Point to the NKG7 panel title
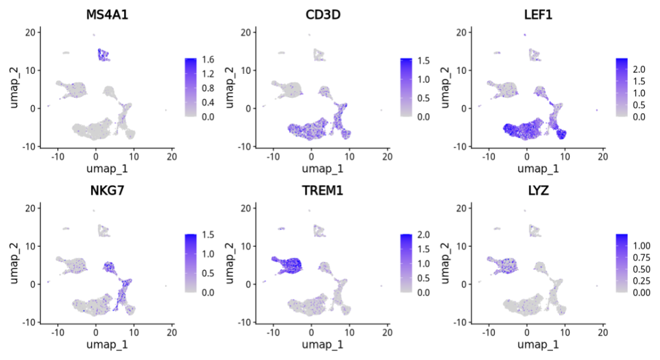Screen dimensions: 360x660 (x=106, y=191)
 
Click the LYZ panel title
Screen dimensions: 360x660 (x=537, y=191)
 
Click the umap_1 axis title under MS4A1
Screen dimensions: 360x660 (x=106, y=167)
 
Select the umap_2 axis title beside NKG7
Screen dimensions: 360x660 (x=14, y=263)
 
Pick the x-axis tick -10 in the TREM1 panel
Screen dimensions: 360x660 (x=273, y=332)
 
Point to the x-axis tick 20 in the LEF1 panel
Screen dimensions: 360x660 (x=603, y=156)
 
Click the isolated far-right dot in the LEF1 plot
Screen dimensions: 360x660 (x=597, y=110)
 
